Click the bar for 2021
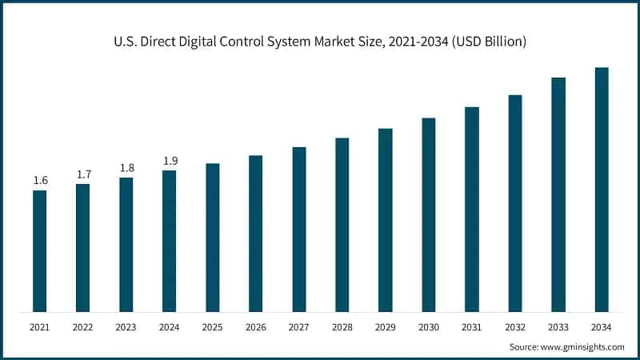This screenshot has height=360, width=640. [39, 251]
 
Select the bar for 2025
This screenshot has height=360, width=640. [212, 238]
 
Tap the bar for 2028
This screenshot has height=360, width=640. [342, 225]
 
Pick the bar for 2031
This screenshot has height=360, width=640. [471, 210]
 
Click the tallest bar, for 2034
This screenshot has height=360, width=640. [601, 190]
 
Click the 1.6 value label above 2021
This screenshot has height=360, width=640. [40, 181]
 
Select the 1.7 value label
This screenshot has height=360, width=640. [83, 174]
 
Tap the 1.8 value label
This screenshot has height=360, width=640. [126, 168]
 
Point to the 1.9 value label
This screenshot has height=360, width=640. [170, 161]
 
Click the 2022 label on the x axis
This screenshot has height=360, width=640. [82, 327]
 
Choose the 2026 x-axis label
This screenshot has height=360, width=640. [255, 327]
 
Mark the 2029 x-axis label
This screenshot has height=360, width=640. [385, 327]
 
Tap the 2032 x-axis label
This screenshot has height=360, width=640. [514, 327]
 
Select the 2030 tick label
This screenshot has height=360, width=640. [428, 327]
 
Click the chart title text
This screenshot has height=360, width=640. [320, 42]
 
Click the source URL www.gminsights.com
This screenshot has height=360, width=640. [583, 347]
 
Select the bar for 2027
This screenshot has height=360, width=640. [298, 230]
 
